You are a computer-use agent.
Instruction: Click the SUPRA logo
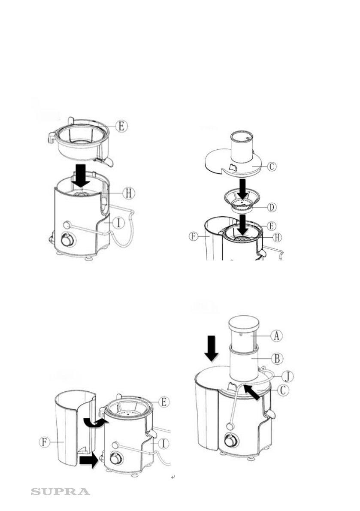[60, 492]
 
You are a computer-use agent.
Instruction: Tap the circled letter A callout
[277, 336]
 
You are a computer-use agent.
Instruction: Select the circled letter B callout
[277, 359]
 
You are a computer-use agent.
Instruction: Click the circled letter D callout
[272, 207]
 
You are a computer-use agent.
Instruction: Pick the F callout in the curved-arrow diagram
[45, 442]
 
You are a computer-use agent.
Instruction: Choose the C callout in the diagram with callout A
[283, 390]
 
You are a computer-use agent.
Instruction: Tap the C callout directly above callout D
[272, 166]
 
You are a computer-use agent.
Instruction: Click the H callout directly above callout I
[129, 193]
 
